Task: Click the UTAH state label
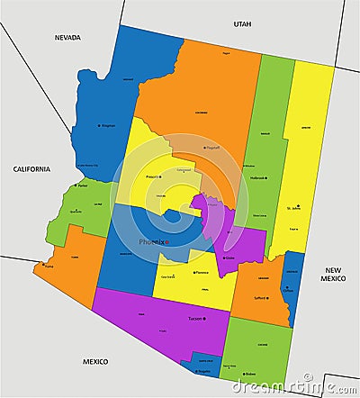pos(243,24)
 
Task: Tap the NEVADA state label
pos(67,38)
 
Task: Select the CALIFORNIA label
pos(31,168)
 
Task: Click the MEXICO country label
pos(95,361)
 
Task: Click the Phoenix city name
pos(152,242)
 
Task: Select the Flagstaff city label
pos(213,148)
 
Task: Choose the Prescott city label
pos(154,176)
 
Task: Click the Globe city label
pos(229,258)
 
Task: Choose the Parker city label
pos(83,185)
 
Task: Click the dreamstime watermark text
pos(289,386)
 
